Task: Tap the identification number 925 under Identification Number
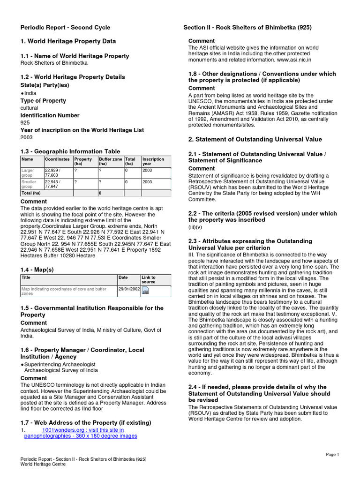point(25,123)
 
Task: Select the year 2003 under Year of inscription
point(27,137)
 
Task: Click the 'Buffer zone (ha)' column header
point(111,162)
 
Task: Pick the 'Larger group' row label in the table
point(28,172)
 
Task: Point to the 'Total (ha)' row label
point(31,193)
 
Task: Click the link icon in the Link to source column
point(145,291)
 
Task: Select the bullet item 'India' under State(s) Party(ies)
point(30,93)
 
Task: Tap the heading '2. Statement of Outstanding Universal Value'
point(255,139)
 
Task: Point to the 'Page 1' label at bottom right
point(332,455)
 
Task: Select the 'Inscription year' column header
point(153,162)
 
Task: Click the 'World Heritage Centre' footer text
point(43,464)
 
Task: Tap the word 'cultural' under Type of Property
point(29,108)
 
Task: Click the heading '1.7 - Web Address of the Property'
point(85,423)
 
